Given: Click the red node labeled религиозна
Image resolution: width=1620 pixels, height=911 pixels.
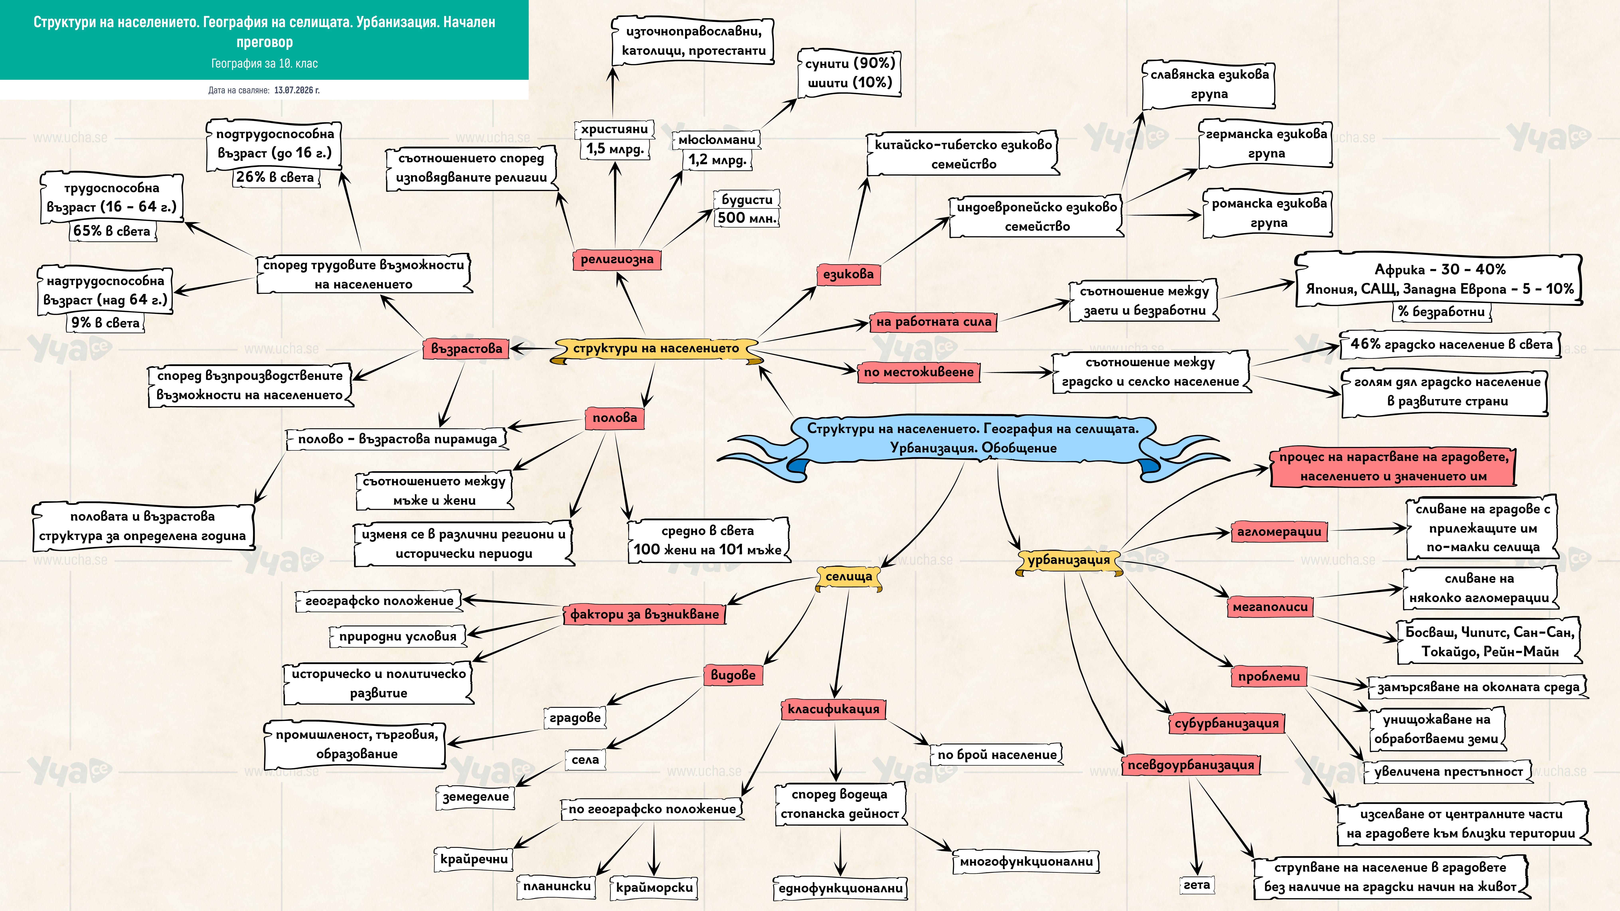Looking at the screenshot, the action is pos(616,259).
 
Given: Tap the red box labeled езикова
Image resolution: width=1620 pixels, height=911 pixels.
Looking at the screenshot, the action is pos(848,274).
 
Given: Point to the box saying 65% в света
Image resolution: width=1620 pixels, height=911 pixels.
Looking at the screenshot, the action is pos(112,231).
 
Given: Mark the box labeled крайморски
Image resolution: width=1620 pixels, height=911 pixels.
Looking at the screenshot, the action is pos(654,887).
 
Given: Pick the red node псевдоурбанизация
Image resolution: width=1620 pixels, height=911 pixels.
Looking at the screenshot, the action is pos(1190,765).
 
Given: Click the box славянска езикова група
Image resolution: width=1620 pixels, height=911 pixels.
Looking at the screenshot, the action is pos(1209,84).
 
